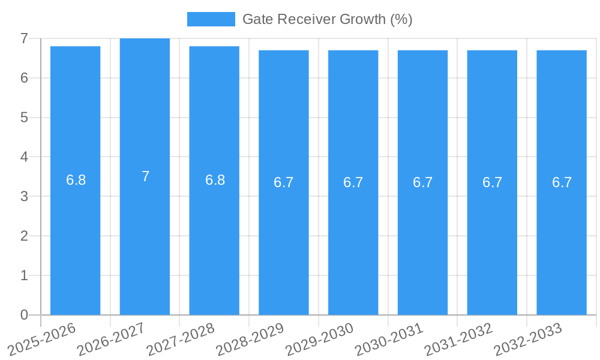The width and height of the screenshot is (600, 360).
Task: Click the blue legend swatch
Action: click(x=211, y=19)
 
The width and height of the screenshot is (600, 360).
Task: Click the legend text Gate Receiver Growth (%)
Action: click(x=327, y=19)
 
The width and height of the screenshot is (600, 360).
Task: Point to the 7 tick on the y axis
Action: click(x=24, y=38)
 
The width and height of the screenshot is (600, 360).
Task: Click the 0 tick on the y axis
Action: click(x=24, y=315)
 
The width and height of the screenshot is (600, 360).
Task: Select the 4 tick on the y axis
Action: click(x=24, y=157)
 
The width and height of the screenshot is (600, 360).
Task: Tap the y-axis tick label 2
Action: click(x=24, y=236)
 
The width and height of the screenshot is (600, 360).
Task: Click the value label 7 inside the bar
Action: click(x=145, y=176)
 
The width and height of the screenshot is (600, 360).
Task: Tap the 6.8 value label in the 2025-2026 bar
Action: click(x=76, y=180)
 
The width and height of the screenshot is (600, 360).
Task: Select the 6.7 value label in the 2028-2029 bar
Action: click(x=284, y=182)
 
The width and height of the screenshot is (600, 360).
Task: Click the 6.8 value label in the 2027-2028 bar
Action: click(x=215, y=180)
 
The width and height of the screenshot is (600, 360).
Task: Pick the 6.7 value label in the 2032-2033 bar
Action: click(x=562, y=182)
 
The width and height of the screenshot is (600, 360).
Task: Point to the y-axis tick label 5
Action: click(x=24, y=118)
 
